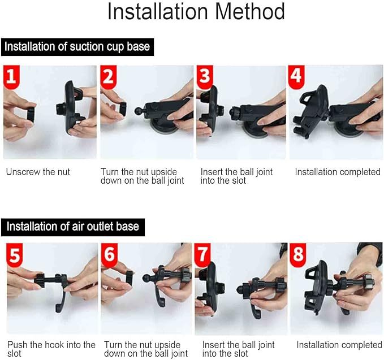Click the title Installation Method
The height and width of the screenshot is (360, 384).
coord(196,12)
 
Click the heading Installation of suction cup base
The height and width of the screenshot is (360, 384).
coord(77,46)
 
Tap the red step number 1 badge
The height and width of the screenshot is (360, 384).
coord(12,77)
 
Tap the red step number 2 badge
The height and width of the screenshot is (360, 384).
coord(109,77)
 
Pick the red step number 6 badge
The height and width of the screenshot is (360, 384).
coord(110,255)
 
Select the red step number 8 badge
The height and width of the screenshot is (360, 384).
coord(298,255)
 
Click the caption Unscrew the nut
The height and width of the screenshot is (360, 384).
coord(38,172)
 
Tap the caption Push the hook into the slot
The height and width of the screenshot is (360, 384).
coord(51,349)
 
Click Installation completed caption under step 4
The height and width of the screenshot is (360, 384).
coord(338,172)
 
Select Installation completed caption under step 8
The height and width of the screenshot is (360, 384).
coord(339,345)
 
